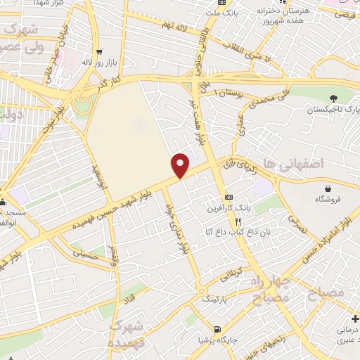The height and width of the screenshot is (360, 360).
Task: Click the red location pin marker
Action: [x=181, y=165]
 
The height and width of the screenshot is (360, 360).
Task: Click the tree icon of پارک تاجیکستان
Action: [x=333, y=97]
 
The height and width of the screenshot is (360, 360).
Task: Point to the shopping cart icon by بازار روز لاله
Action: [x=99, y=51]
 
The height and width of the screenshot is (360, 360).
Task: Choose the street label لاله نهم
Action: [x=175, y=26]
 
